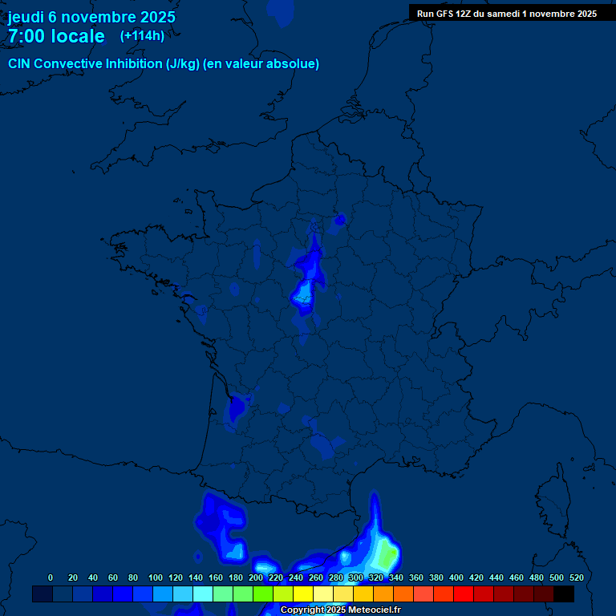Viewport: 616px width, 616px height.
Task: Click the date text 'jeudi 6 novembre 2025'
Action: (91, 17)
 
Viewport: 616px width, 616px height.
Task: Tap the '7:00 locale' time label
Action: (56, 36)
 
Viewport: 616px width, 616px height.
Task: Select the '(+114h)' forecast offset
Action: (142, 35)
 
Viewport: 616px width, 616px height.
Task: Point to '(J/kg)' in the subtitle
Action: (184, 64)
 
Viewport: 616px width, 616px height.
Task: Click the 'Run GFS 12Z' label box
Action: (507, 13)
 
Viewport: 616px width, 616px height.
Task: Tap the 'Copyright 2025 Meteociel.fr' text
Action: (341, 610)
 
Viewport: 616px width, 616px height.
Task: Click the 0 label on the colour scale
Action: (51, 577)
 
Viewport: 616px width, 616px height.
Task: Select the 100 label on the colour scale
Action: (156, 577)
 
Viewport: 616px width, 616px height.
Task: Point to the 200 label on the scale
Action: (256, 577)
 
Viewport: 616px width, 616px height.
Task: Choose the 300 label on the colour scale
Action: (356, 577)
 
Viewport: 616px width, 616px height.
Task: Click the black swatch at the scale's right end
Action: (564, 594)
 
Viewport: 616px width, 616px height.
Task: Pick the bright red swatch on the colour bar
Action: (464, 594)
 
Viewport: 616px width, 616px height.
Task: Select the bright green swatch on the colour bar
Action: (263, 594)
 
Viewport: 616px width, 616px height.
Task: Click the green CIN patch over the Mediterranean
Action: (387, 555)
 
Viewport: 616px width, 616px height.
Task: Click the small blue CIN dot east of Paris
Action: (340, 219)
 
